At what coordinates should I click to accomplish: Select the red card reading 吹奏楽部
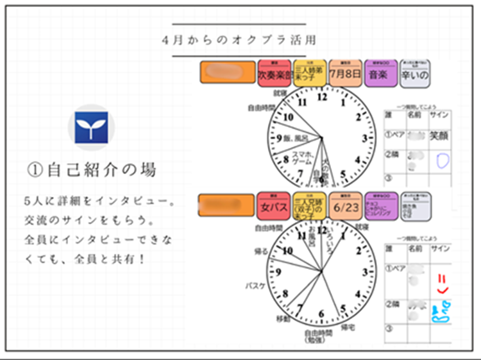pos(274,74)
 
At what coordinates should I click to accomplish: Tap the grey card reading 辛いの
pos(414,74)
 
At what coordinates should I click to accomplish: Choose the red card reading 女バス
pos(274,207)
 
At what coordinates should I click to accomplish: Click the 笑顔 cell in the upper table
pos(439,136)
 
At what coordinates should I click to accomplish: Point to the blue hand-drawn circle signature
pos(439,159)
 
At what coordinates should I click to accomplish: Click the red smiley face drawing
pos(439,279)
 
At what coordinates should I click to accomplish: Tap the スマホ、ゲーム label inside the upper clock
pos(302,158)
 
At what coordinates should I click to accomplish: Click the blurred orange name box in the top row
pos(228,72)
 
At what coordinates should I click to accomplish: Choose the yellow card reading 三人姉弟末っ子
pos(310,74)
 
